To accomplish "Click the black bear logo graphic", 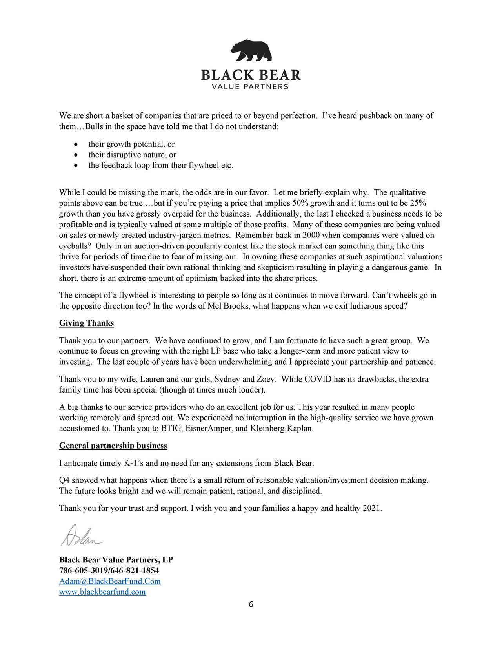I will (251, 51).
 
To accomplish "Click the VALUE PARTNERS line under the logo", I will (251, 86).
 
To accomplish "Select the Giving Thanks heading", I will (86, 323).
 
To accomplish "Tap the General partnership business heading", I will (113, 446).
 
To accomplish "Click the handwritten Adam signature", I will (81, 535).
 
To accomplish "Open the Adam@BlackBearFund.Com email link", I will (110, 581).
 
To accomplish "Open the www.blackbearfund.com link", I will (102, 592).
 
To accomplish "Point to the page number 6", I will (251, 605).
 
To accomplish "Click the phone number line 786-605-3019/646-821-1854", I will (109, 570).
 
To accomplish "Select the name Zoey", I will (266, 380).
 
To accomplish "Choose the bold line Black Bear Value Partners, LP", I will (116, 560).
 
